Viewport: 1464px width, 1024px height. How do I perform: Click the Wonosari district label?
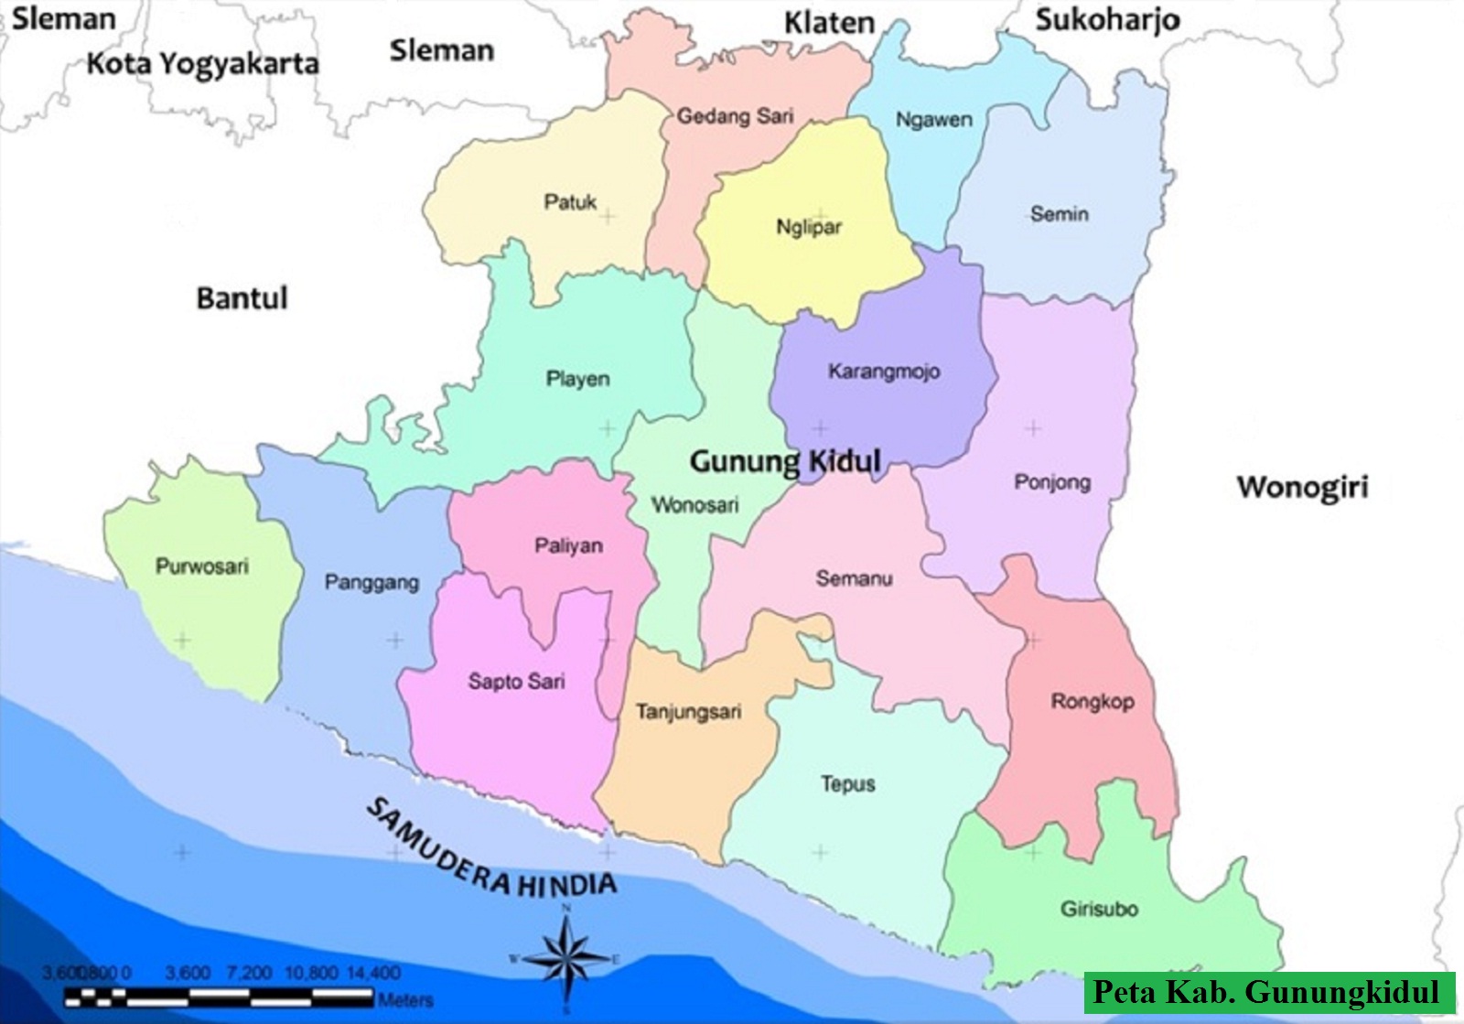694,505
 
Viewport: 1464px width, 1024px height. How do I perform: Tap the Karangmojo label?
884,372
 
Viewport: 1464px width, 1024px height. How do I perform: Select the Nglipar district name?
809,227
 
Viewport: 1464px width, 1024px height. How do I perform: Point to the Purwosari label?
202,566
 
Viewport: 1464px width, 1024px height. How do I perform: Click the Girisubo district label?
1099,910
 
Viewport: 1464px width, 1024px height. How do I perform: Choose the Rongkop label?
1093,702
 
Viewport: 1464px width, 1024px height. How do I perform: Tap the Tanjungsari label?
689,712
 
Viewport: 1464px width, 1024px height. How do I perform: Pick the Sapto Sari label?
517,682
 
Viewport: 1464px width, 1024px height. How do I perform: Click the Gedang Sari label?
735,116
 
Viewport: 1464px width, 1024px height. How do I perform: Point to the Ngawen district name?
933,120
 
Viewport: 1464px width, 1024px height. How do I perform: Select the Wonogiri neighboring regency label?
1303,487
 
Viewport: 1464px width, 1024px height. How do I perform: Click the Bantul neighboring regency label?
242,298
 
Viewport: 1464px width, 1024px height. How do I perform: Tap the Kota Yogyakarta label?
203,64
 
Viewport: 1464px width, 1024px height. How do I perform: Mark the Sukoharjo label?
1107,20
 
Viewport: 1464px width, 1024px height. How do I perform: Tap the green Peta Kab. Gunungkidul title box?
1268,993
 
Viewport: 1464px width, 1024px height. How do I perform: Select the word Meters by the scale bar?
405,1000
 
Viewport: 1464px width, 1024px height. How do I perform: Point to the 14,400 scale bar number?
373,973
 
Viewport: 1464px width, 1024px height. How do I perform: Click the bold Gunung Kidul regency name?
785,461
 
